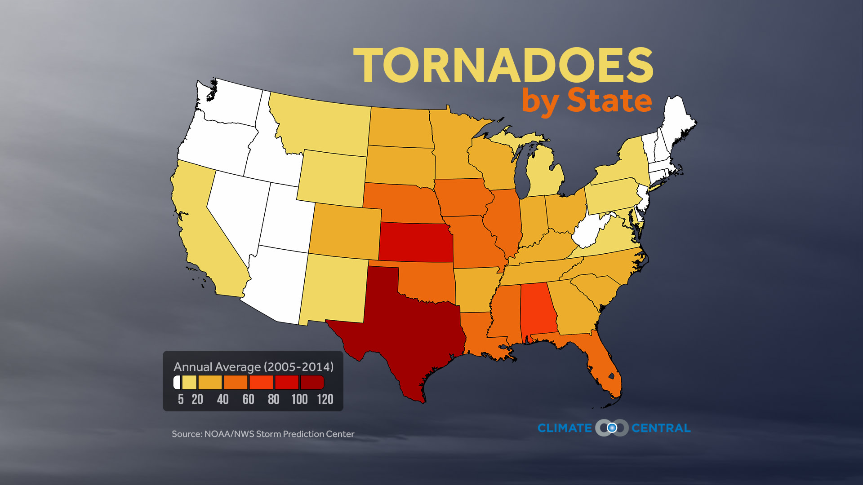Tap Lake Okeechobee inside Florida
coord(611,376)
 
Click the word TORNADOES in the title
coord(503,66)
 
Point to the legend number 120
coord(325,399)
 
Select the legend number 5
coord(181,399)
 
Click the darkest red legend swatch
coord(312,383)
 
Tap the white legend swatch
coord(177,383)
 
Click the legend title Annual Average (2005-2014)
coord(254,367)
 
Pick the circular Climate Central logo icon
coord(612,428)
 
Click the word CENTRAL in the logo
coord(661,428)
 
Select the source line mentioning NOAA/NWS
coord(263,434)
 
